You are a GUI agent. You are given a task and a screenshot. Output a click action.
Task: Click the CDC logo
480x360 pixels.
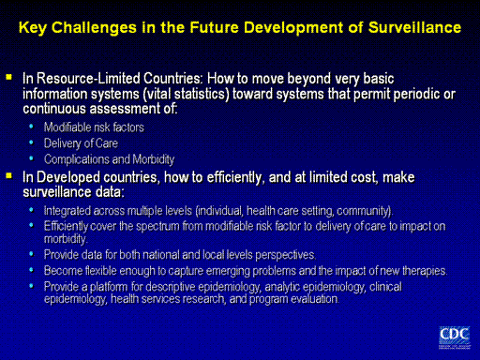click(x=455, y=337)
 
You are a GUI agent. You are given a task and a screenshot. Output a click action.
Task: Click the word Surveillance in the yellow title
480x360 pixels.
click(x=414, y=27)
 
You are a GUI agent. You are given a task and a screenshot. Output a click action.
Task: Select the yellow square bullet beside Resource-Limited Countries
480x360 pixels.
click(x=8, y=77)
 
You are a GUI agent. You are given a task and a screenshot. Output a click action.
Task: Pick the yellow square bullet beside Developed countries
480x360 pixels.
click(x=8, y=175)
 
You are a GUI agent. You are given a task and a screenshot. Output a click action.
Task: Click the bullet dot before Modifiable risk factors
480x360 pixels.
click(x=31, y=127)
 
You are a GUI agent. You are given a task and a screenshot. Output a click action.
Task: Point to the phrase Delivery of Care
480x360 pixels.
click(x=81, y=143)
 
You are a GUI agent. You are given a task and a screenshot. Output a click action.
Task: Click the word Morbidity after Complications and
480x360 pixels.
click(x=154, y=159)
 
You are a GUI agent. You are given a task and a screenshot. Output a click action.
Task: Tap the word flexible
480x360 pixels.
click(x=100, y=271)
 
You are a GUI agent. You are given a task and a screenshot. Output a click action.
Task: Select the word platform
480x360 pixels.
click(x=109, y=287)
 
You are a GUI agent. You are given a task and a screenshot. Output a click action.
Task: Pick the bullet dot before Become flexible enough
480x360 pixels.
click(x=31, y=269)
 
